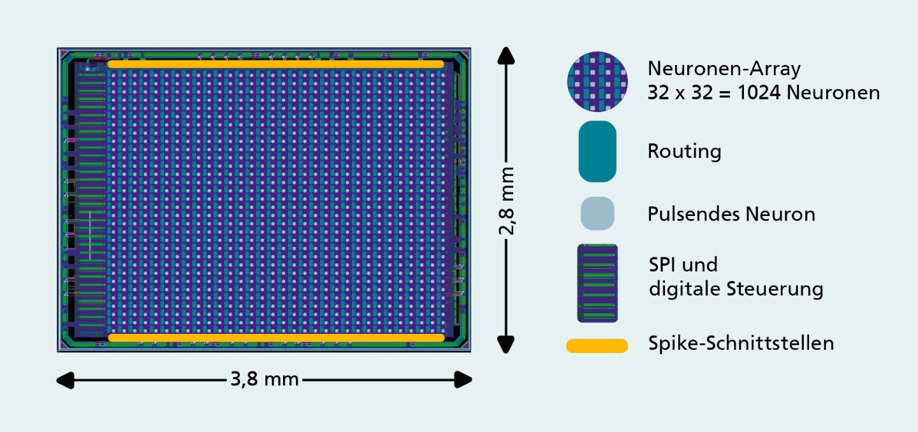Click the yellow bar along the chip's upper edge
[276, 64]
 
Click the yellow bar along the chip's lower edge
[276, 338]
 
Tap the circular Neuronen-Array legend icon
[597, 82]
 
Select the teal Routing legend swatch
[597, 152]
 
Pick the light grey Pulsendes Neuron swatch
[597, 213]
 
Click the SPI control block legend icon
[597, 283]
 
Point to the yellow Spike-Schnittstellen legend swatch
[597, 345]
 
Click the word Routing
[685, 152]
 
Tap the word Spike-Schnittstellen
[741, 343]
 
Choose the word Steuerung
[775, 289]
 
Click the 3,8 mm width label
[265, 379]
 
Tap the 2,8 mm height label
[507, 201]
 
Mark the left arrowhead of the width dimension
[65, 380]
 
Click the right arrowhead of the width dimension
[463, 380]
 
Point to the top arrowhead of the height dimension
[506, 55]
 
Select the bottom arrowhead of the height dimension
[506, 345]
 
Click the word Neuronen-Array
[724, 68]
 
